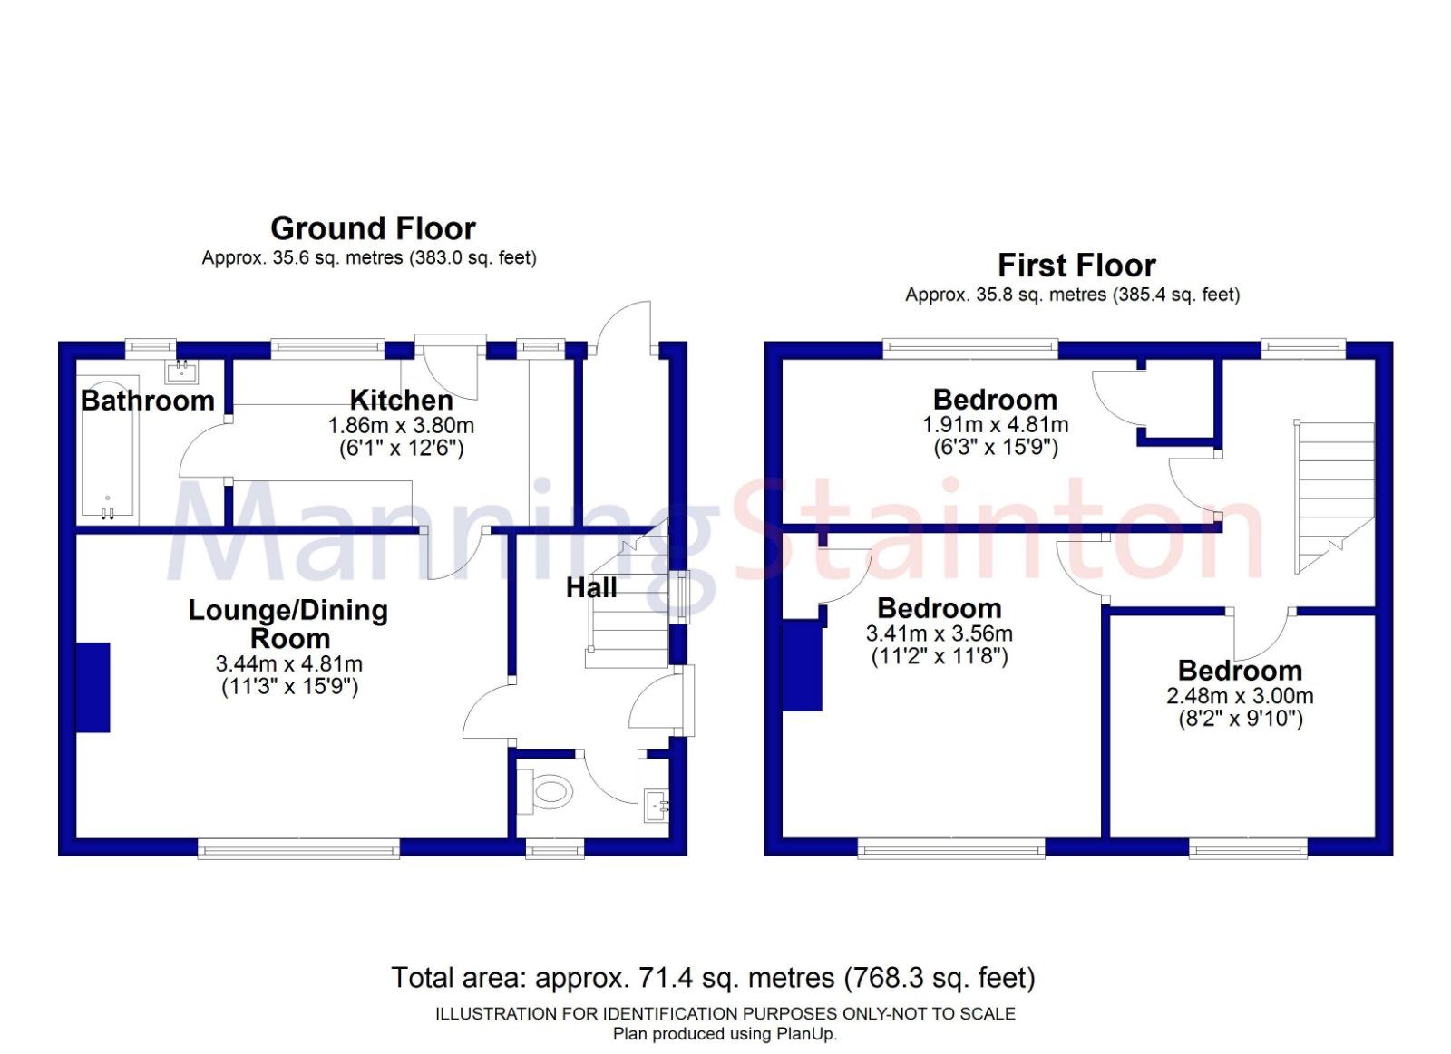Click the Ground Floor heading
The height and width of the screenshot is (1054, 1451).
click(373, 228)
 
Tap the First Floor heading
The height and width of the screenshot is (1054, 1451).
click(1076, 266)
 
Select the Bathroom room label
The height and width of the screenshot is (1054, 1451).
click(148, 401)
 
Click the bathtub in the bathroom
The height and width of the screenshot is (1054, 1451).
click(108, 450)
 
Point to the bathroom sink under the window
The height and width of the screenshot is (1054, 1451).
click(181, 372)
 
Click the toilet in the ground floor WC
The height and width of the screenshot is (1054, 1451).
click(547, 793)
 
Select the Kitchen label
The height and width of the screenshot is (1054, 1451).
click(401, 400)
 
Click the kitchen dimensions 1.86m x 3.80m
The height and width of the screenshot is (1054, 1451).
click(401, 425)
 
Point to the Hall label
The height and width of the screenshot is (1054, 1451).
click(591, 588)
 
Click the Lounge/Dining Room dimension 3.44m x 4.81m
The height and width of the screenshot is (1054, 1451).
click(289, 664)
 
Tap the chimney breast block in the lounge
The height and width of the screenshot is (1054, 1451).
click(93, 687)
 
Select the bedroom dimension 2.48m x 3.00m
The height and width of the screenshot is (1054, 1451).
click(1240, 696)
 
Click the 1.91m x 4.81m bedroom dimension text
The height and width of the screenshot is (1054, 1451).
click(995, 424)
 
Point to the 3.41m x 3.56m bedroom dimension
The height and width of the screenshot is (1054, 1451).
click(939, 633)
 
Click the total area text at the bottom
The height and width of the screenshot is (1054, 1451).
click(713, 978)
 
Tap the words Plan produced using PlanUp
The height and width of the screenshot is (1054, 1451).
click(725, 1034)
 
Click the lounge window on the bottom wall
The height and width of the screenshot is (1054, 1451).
click(298, 848)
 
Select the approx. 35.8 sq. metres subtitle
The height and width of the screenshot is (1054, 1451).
click(1072, 295)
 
